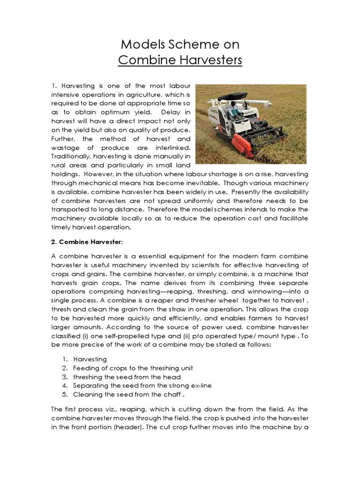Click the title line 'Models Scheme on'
180,45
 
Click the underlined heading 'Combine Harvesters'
180,60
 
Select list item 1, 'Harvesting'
90,359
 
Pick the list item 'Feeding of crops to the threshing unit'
133,367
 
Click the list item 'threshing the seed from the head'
127,376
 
